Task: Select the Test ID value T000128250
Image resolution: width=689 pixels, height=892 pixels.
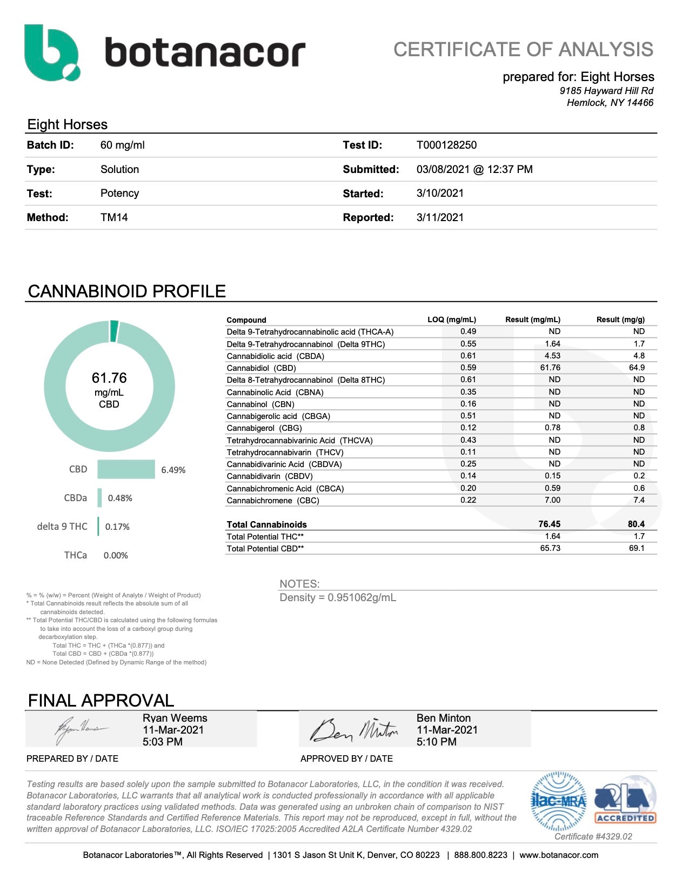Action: point(446,145)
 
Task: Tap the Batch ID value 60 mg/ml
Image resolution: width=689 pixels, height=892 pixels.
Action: point(122,145)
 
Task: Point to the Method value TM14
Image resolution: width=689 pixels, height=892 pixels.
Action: point(114,217)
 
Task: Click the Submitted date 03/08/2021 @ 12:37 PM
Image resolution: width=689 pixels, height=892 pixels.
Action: point(474,169)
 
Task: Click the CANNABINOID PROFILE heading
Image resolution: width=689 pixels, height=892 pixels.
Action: point(126,291)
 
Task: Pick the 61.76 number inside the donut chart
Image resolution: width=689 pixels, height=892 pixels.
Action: point(109,377)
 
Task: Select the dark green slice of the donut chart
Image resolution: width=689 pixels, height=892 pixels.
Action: point(114,331)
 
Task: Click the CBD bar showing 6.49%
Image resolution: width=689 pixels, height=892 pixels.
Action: point(126,469)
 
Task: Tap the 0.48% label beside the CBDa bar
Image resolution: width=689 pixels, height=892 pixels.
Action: point(120,498)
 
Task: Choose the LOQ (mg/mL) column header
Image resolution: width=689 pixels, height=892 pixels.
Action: point(451,319)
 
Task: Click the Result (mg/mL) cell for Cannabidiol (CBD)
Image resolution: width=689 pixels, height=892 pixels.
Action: point(550,368)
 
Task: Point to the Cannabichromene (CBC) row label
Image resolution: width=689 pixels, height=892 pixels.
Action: point(273,501)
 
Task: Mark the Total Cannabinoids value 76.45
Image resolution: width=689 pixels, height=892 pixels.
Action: point(549,524)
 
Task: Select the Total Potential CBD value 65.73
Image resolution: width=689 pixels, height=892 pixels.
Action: point(550,548)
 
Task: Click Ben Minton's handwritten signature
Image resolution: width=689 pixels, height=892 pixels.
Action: point(354,730)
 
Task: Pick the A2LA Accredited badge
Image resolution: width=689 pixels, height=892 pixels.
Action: point(625,803)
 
